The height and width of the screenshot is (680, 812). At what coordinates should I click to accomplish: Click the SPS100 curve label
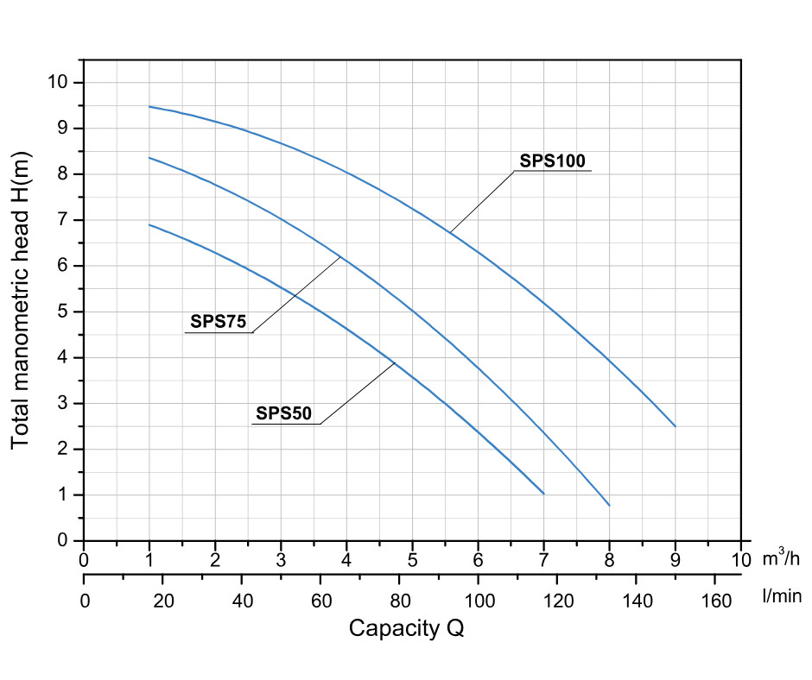pos(553,161)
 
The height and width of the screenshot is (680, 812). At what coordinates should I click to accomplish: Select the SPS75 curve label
pos(219,323)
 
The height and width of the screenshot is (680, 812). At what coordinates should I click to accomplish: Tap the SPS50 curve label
pos(283,413)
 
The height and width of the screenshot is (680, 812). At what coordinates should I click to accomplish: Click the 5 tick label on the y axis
pos(62,312)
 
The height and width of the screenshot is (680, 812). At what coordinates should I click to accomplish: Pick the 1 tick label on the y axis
pos(62,494)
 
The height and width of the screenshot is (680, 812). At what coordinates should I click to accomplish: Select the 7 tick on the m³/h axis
pos(544,558)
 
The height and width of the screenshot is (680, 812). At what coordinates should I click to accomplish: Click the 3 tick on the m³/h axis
pos(281,558)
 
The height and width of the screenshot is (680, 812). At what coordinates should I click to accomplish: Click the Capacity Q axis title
pos(406,628)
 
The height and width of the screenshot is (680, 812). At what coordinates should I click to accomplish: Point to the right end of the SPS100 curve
pos(675,426)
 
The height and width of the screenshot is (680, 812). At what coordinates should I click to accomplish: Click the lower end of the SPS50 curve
pos(544,494)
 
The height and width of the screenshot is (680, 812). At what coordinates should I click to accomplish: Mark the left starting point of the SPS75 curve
pos(149,158)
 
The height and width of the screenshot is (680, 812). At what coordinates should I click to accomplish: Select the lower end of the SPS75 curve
pos(610,506)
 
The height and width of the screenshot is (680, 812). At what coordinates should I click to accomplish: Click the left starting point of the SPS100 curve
pos(149,106)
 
